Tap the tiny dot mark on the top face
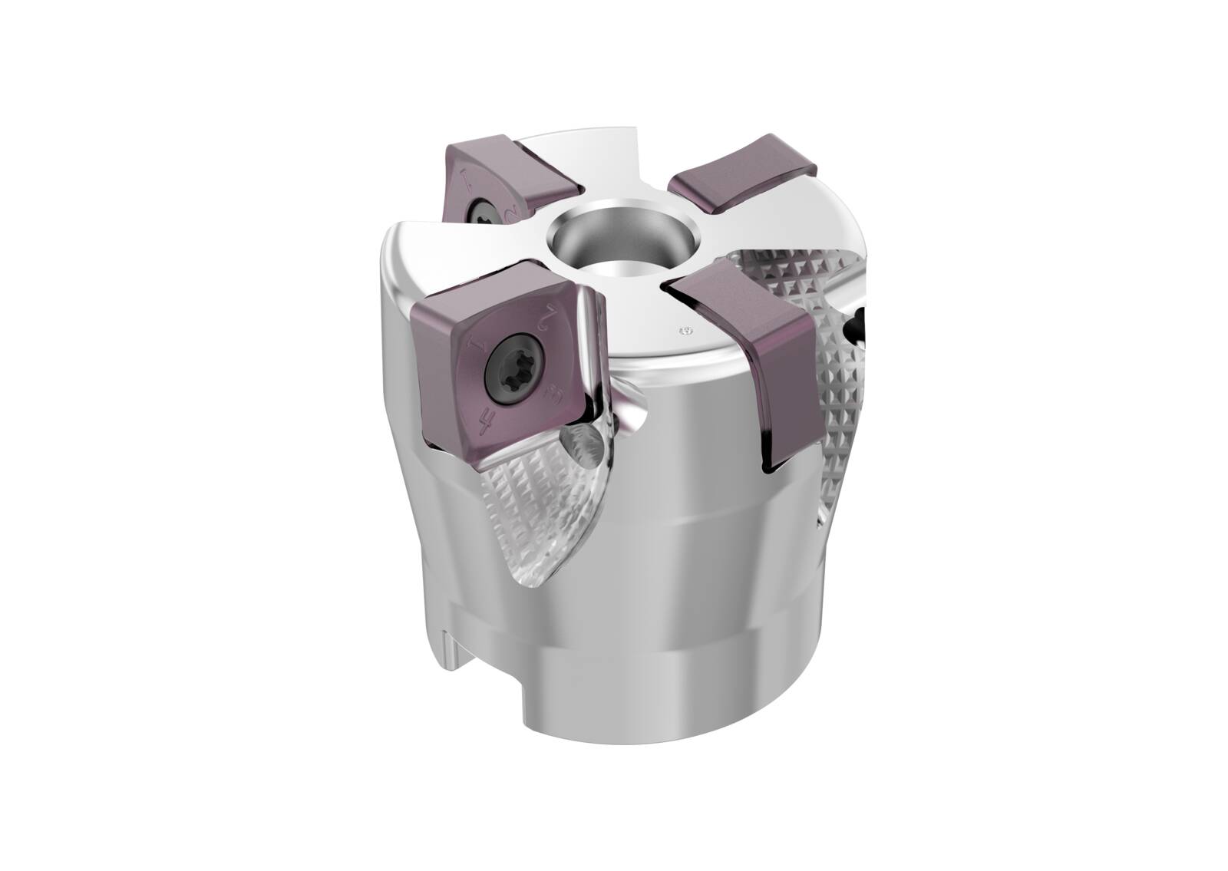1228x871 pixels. pyautogui.click(x=685, y=332)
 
